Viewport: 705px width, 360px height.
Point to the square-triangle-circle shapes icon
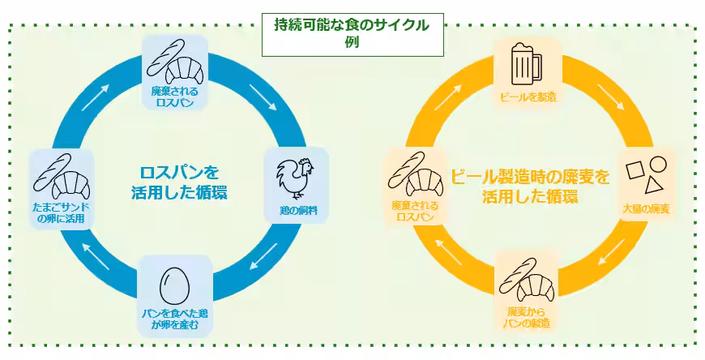647,172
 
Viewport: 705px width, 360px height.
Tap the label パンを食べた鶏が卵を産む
175,319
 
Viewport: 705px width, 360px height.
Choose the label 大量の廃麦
647,209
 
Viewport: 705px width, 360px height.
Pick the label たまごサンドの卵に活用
60,212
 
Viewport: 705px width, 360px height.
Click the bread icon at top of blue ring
175,62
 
